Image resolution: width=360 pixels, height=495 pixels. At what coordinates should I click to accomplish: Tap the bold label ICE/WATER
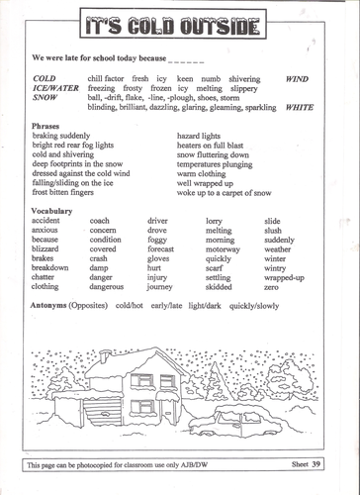[53, 86]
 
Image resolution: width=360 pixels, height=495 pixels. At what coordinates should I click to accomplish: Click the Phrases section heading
[48, 127]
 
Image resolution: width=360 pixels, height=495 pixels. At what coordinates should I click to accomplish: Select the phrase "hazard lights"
[203, 137]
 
